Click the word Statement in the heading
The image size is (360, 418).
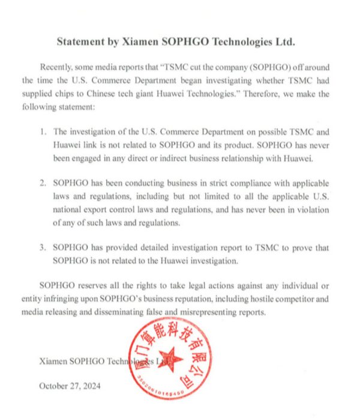point(82,42)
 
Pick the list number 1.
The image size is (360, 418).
point(43,132)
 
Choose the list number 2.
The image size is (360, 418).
point(43,182)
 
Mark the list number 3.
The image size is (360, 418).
point(43,247)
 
